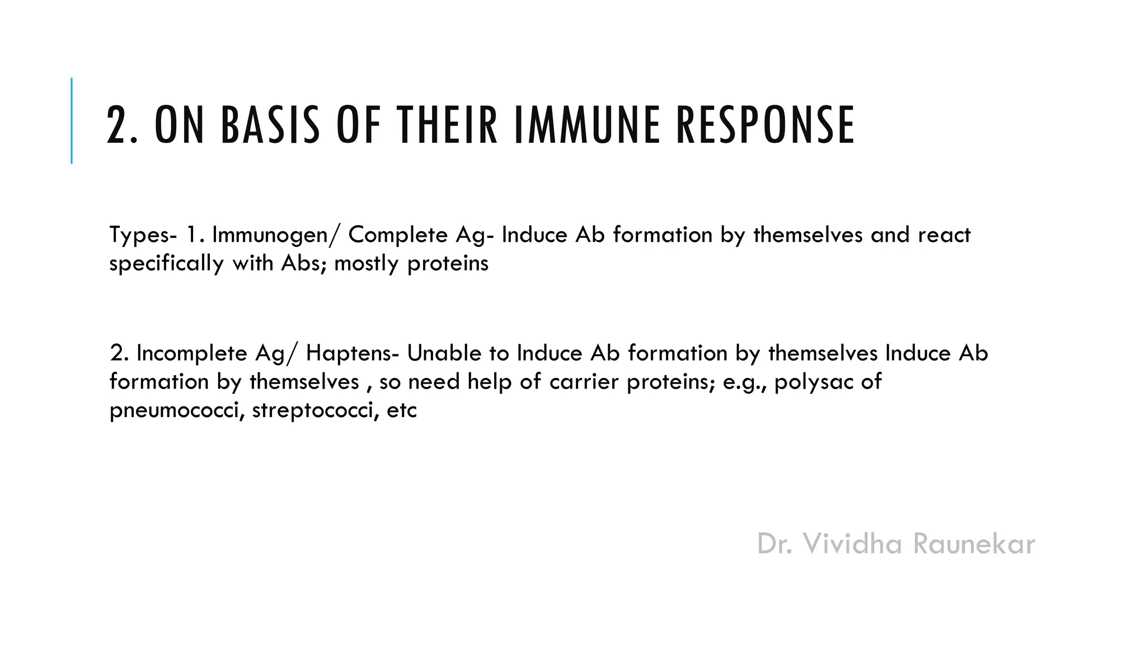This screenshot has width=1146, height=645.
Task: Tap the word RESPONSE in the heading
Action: click(x=765, y=125)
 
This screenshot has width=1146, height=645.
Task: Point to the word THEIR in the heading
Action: click(x=447, y=125)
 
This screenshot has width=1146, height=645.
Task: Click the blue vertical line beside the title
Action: click(x=72, y=120)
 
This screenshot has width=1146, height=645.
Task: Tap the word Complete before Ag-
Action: click(x=398, y=235)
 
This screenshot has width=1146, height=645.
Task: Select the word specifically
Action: click(x=166, y=264)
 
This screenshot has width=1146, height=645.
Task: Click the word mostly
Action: click(x=367, y=264)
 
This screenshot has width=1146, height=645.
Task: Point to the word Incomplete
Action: click(x=191, y=354)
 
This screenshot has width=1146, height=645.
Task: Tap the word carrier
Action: click(x=584, y=382)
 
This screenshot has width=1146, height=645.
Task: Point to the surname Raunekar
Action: click(x=974, y=544)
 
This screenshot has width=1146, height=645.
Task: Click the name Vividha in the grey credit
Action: click(x=853, y=544)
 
